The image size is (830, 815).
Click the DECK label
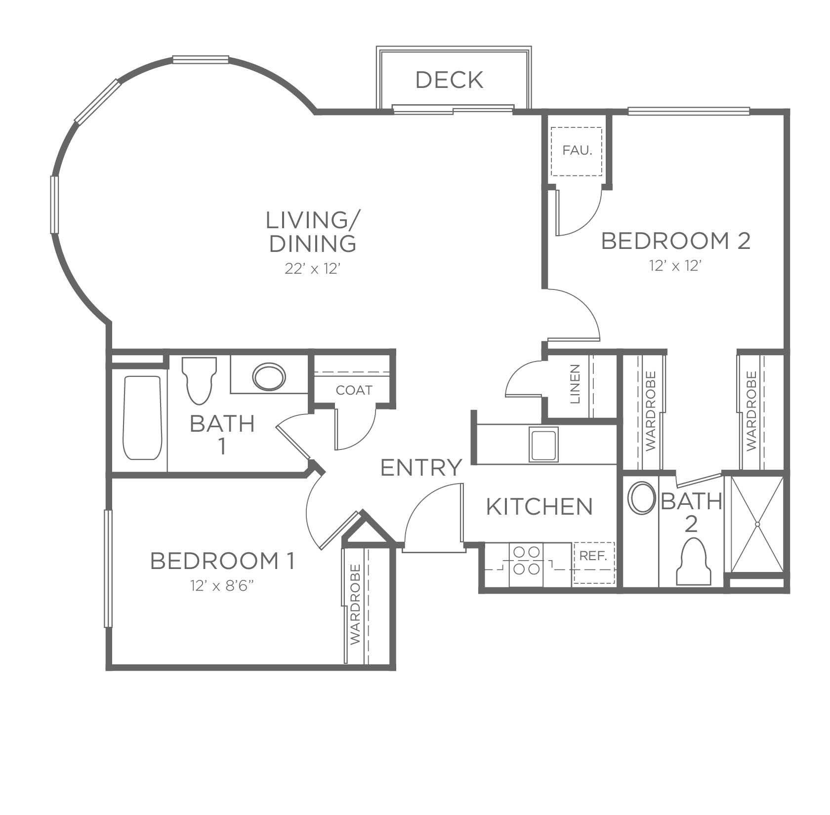[x=449, y=80]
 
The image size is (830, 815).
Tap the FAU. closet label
[x=577, y=150]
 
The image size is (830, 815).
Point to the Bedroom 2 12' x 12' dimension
[x=675, y=266]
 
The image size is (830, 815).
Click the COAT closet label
[x=354, y=390]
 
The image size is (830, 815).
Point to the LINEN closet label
[x=575, y=384]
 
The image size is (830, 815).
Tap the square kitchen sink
[x=544, y=444]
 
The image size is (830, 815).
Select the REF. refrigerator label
[x=593, y=556]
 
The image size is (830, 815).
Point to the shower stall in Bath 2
[x=757, y=524]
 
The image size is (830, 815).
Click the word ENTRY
[x=421, y=467]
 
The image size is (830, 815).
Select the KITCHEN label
[x=539, y=507]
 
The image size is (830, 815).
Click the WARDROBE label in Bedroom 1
[x=355, y=604]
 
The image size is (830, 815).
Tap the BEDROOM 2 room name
[x=675, y=241]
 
